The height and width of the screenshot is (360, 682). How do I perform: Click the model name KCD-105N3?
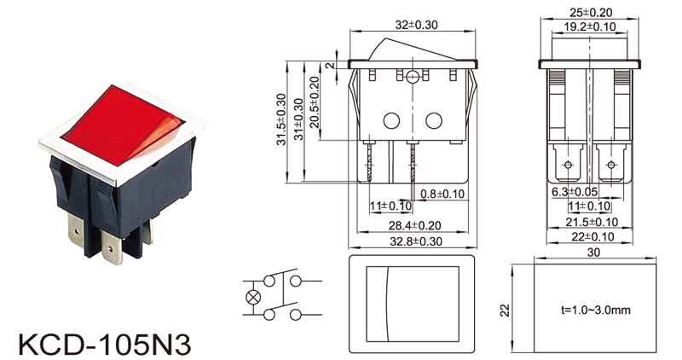tap(104, 344)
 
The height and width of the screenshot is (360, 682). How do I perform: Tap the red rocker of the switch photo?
tap(123, 125)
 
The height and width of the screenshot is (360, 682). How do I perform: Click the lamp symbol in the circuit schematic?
tap(253, 298)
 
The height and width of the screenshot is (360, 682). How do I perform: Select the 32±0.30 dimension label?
tap(416, 25)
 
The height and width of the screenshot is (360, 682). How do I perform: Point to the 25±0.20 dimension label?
tap(590, 13)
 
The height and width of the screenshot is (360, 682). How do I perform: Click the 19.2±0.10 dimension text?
tap(590, 26)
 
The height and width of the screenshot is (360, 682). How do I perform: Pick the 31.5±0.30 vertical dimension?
tap(281, 119)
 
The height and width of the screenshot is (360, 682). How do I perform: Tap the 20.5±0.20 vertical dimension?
tap(314, 102)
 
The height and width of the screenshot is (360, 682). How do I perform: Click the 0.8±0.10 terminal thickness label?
tap(442, 194)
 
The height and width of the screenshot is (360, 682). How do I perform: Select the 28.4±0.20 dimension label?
tap(414, 225)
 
